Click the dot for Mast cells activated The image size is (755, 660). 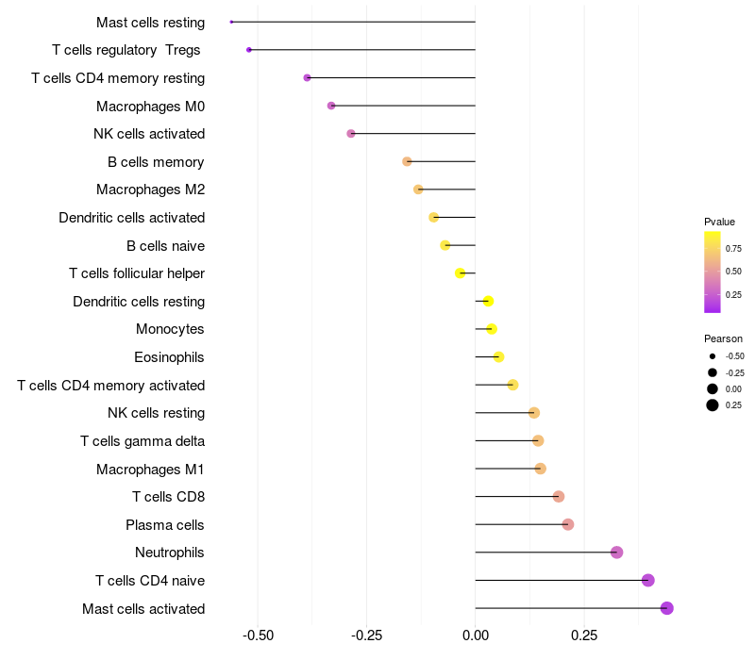coord(666,608)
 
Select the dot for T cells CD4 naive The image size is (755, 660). coord(648,580)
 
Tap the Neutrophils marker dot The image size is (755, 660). coord(617,553)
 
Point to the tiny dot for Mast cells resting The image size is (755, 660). coord(231,22)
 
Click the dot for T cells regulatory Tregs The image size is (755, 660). coord(249,50)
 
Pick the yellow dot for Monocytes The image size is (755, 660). coord(492,329)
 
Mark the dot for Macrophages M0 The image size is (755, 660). coord(331,106)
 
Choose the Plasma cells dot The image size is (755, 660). coord(568,524)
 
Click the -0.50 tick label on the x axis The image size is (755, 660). coord(258,635)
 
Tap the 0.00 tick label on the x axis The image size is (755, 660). coord(476,635)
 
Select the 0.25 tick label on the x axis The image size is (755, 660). coord(584,635)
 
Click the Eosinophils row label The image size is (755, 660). coord(169,357)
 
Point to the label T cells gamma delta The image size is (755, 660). coord(143,441)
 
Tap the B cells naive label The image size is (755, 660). coord(166,246)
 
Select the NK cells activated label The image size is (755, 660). coord(149,134)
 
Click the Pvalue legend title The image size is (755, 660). coord(719,222)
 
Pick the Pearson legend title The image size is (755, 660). coord(723,338)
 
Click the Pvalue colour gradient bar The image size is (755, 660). coord(713,272)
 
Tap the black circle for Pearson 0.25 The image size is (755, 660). coord(713,405)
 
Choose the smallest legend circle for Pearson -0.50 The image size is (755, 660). coord(713,356)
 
